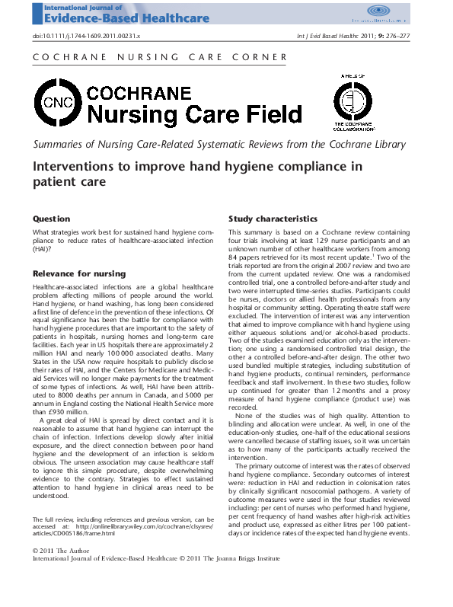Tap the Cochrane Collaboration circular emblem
point(354,101)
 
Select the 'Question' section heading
point(52,219)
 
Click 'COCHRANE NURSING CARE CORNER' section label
point(161,57)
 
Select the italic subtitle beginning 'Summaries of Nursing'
point(229,145)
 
